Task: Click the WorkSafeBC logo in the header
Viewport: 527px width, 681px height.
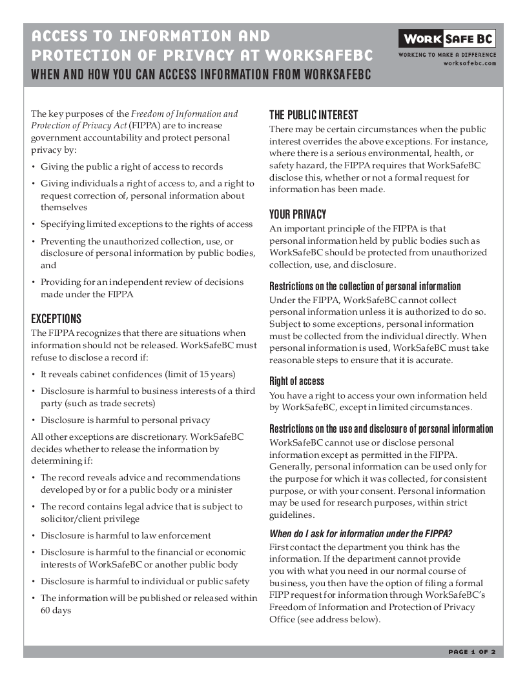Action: pos(447,39)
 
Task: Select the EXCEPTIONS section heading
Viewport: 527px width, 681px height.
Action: pos(56,319)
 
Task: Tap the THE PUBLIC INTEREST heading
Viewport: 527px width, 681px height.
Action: pos(313,115)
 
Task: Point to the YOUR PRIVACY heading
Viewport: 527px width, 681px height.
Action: pos(298,215)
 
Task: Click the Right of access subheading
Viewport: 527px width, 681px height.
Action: pos(296,381)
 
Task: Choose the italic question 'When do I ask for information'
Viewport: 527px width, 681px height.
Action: pos(360,533)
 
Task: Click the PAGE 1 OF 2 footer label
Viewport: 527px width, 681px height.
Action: pos(471,652)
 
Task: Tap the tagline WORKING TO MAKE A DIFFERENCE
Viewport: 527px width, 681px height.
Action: pos(447,55)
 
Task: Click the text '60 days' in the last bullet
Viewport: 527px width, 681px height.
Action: pos(56,610)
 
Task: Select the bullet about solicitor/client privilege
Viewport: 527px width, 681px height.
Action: pos(141,513)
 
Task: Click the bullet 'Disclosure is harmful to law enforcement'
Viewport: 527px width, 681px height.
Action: pos(125,535)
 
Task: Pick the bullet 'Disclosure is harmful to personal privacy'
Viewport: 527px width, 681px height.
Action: pos(125,420)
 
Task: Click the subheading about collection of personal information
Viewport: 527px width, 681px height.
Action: pos(365,286)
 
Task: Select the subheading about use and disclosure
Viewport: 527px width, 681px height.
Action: pos(381,429)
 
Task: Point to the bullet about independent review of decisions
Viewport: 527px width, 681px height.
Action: pos(141,288)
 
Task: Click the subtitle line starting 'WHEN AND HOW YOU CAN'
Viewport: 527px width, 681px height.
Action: pos(201,74)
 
